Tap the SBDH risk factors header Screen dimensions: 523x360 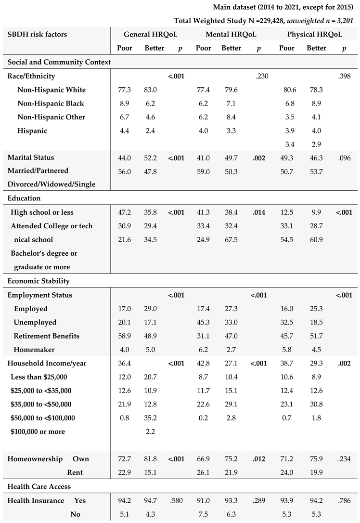[37, 35]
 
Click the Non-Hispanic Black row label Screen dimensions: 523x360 [51, 104]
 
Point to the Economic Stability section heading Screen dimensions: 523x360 [39, 281]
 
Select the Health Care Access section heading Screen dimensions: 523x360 [39, 487]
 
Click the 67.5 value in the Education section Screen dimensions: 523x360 [230, 240]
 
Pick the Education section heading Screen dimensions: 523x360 [24, 198]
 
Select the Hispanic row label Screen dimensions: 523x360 [32, 131]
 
